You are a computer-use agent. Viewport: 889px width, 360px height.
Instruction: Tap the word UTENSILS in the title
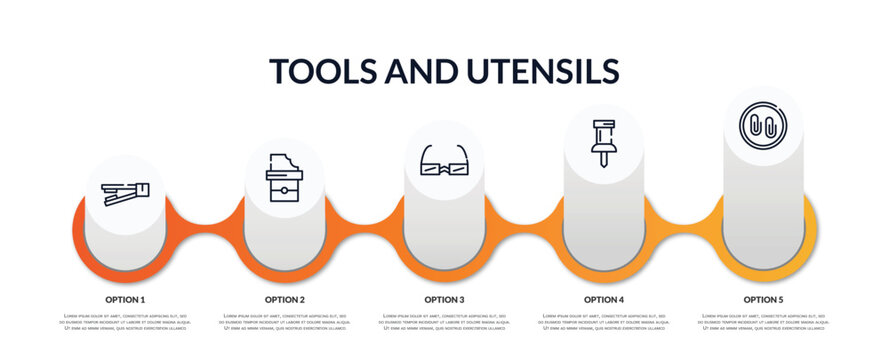click(x=541, y=71)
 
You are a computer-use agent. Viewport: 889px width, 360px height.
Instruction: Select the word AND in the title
click(x=425, y=71)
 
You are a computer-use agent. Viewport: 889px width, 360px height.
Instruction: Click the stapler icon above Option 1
click(x=125, y=193)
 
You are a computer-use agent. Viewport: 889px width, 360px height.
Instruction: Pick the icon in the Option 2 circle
click(x=284, y=178)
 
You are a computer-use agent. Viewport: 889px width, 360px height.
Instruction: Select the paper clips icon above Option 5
click(x=763, y=126)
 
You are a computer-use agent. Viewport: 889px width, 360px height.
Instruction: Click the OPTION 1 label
click(x=125, y=299)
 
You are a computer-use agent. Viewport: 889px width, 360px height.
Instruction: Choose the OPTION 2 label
click(x=285, y=299)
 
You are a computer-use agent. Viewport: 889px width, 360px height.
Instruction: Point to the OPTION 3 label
click(x=444, y=299)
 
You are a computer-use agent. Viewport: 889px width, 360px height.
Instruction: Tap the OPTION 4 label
click(x=604, y=299)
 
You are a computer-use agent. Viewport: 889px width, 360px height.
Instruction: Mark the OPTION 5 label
click(x=763, y=299)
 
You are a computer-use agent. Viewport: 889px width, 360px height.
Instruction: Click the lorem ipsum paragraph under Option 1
click(x=125, y=323)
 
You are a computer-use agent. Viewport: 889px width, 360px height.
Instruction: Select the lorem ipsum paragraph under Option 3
click(x=444, y=323)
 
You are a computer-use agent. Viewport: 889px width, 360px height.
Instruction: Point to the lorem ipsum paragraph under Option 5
click(x=763, y=323)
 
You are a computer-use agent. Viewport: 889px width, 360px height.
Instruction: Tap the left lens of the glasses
click(x=433, y=168)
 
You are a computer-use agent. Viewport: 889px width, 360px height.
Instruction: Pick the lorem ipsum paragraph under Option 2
click(x=285, y=323)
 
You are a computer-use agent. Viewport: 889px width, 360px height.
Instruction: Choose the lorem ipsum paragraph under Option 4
click(x=604, y=323)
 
